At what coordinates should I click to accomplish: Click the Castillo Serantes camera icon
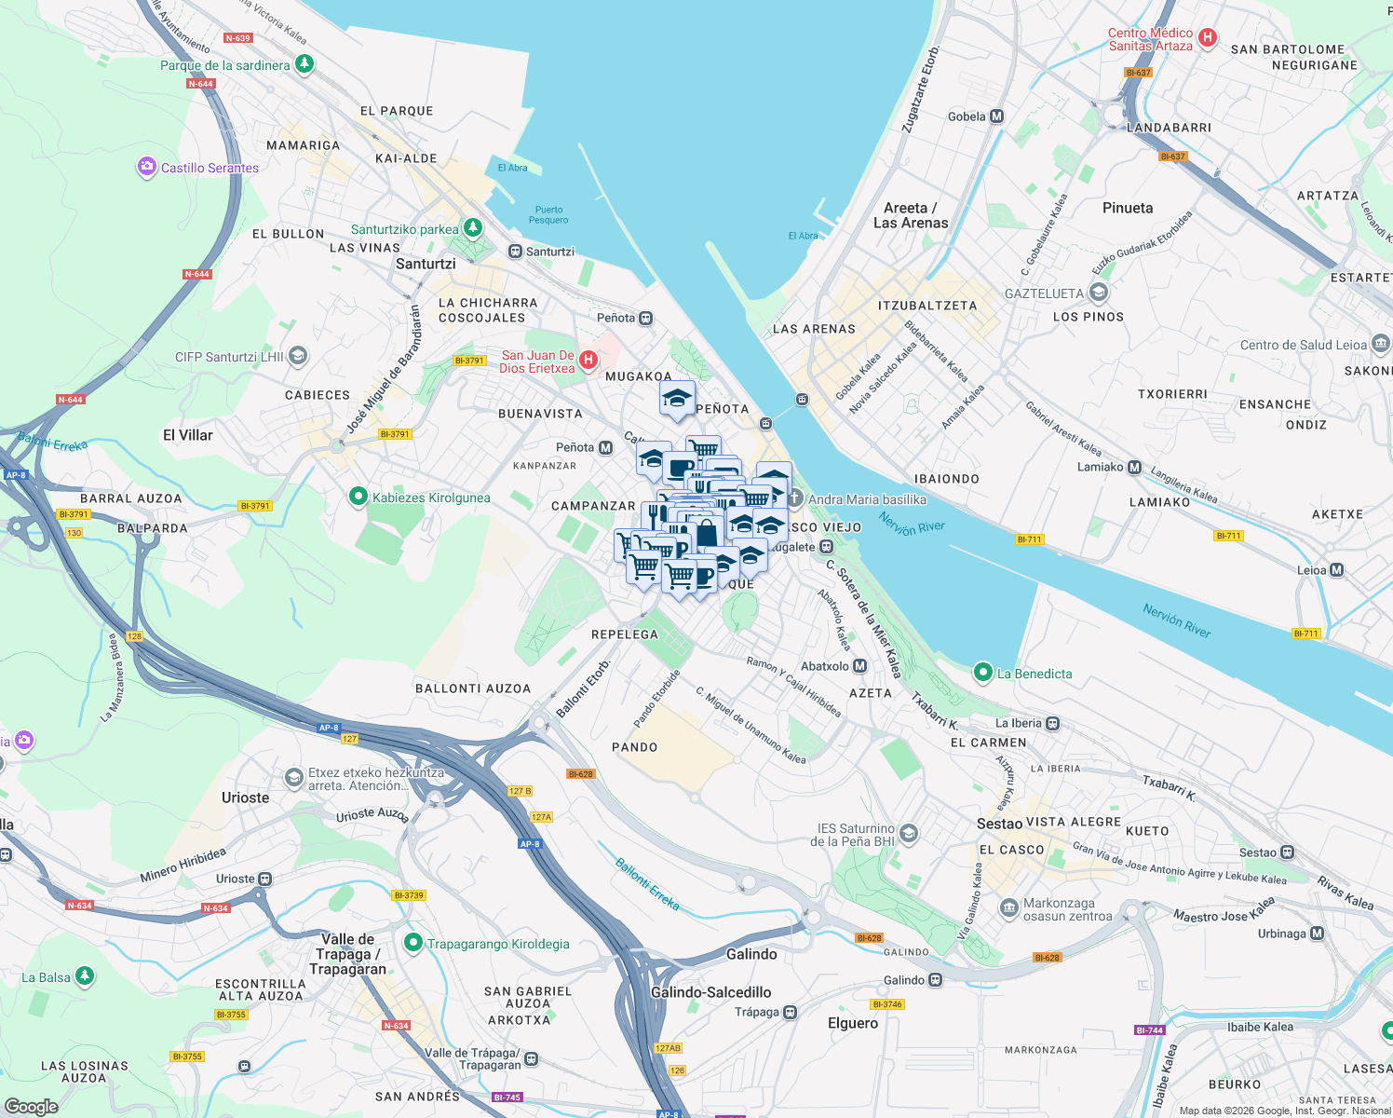[146, 168]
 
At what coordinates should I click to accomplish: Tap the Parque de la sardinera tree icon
[304, 64]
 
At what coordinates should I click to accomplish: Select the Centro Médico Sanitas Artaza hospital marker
[1208, 38]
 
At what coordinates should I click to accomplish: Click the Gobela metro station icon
[997, 116]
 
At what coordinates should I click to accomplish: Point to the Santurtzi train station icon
[515, 252]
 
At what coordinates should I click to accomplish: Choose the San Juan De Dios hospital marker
[588, 361]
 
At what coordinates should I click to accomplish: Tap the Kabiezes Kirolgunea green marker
[358, 498]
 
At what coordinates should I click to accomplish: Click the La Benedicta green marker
[982, 673]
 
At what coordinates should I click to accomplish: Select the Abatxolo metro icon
[860, 666]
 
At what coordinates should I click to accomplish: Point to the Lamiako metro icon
[1134, 467]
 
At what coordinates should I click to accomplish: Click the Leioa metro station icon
[1337, 570]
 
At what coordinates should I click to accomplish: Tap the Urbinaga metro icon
[1317, 934]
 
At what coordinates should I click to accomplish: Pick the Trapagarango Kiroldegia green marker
[413, 944]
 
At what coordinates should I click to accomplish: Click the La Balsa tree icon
[85, 976]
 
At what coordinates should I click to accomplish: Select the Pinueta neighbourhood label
[1127, 208]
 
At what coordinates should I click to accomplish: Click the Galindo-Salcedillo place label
[710, 992]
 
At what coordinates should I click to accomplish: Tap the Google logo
[31, 1106]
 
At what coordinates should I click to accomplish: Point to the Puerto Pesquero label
[548, 215]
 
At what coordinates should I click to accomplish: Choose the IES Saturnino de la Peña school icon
[909, 834]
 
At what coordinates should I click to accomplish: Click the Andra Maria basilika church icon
[794, 499]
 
